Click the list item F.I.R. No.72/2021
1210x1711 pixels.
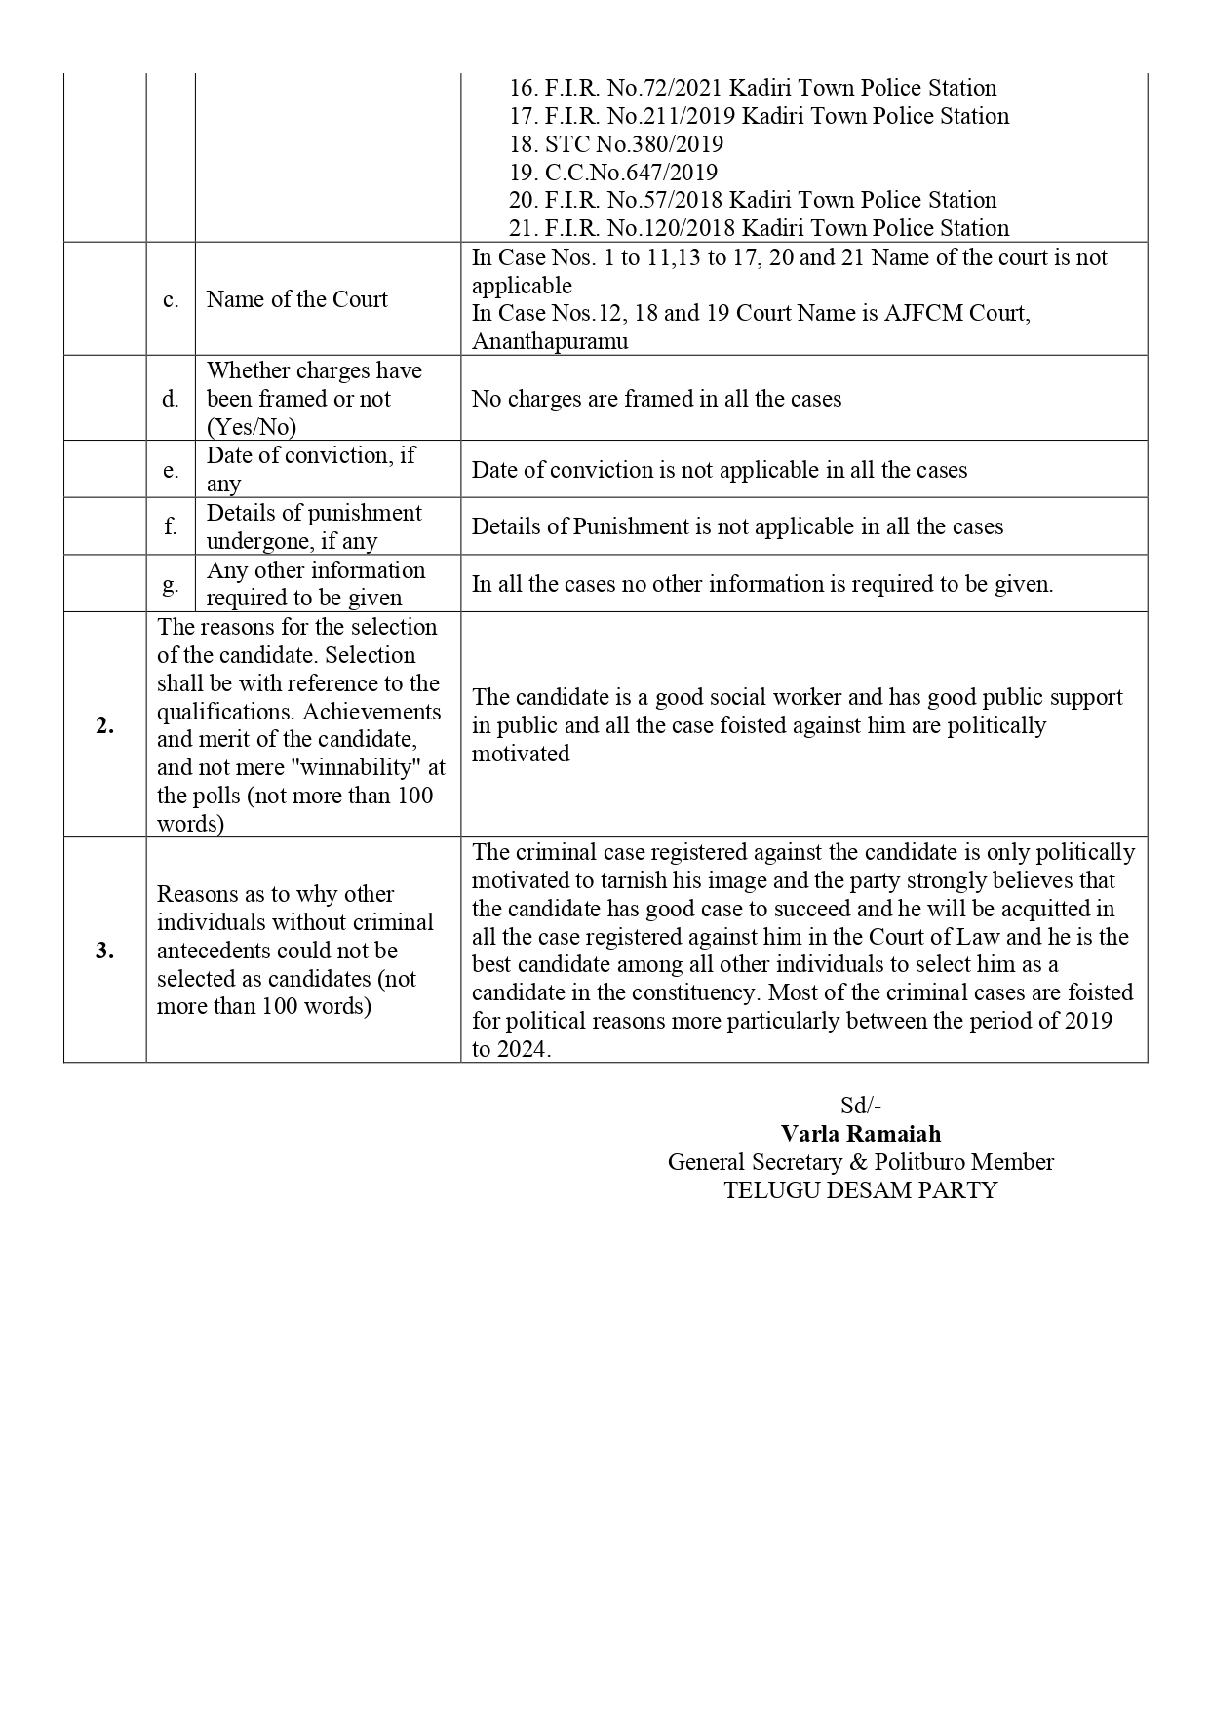coord(752,88)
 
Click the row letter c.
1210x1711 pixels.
coord(171,299)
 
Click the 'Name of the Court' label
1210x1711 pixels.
coord(296,299)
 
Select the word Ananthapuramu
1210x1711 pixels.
coord(550,341)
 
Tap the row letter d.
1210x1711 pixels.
coord(171,399)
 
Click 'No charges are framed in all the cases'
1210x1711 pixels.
coord(656,399)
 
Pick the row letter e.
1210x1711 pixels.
coord(171,470)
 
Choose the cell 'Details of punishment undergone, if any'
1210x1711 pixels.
coord(314,526)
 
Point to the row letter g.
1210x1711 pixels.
coord(171,584)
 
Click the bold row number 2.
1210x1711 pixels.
coord(104,725)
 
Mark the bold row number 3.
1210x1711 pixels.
coord(104,951)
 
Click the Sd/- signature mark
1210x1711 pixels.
coord(860,1106)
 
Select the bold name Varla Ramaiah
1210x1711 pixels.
coord(860,1134)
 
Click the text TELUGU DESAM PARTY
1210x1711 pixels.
coord(860,1190)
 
